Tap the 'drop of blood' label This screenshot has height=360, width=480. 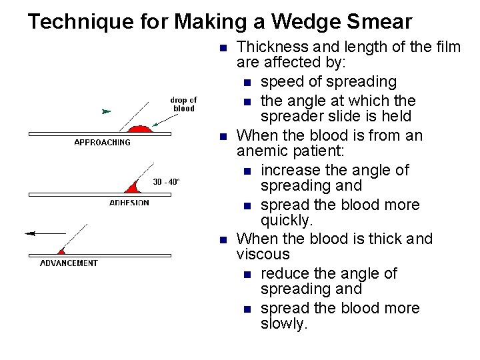click(184, 105)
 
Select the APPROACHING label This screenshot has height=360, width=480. click(102, 143)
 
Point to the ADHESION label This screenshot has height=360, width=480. click(129, 203)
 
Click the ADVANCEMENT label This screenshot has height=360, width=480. click(69, 263)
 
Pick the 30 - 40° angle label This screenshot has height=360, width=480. click(166, 181)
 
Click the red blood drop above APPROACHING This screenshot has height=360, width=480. click(139, 129)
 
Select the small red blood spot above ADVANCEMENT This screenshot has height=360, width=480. click(61, 251)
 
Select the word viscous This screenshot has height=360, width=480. click(263, 255)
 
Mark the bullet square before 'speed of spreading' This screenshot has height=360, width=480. click(247, 83)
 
